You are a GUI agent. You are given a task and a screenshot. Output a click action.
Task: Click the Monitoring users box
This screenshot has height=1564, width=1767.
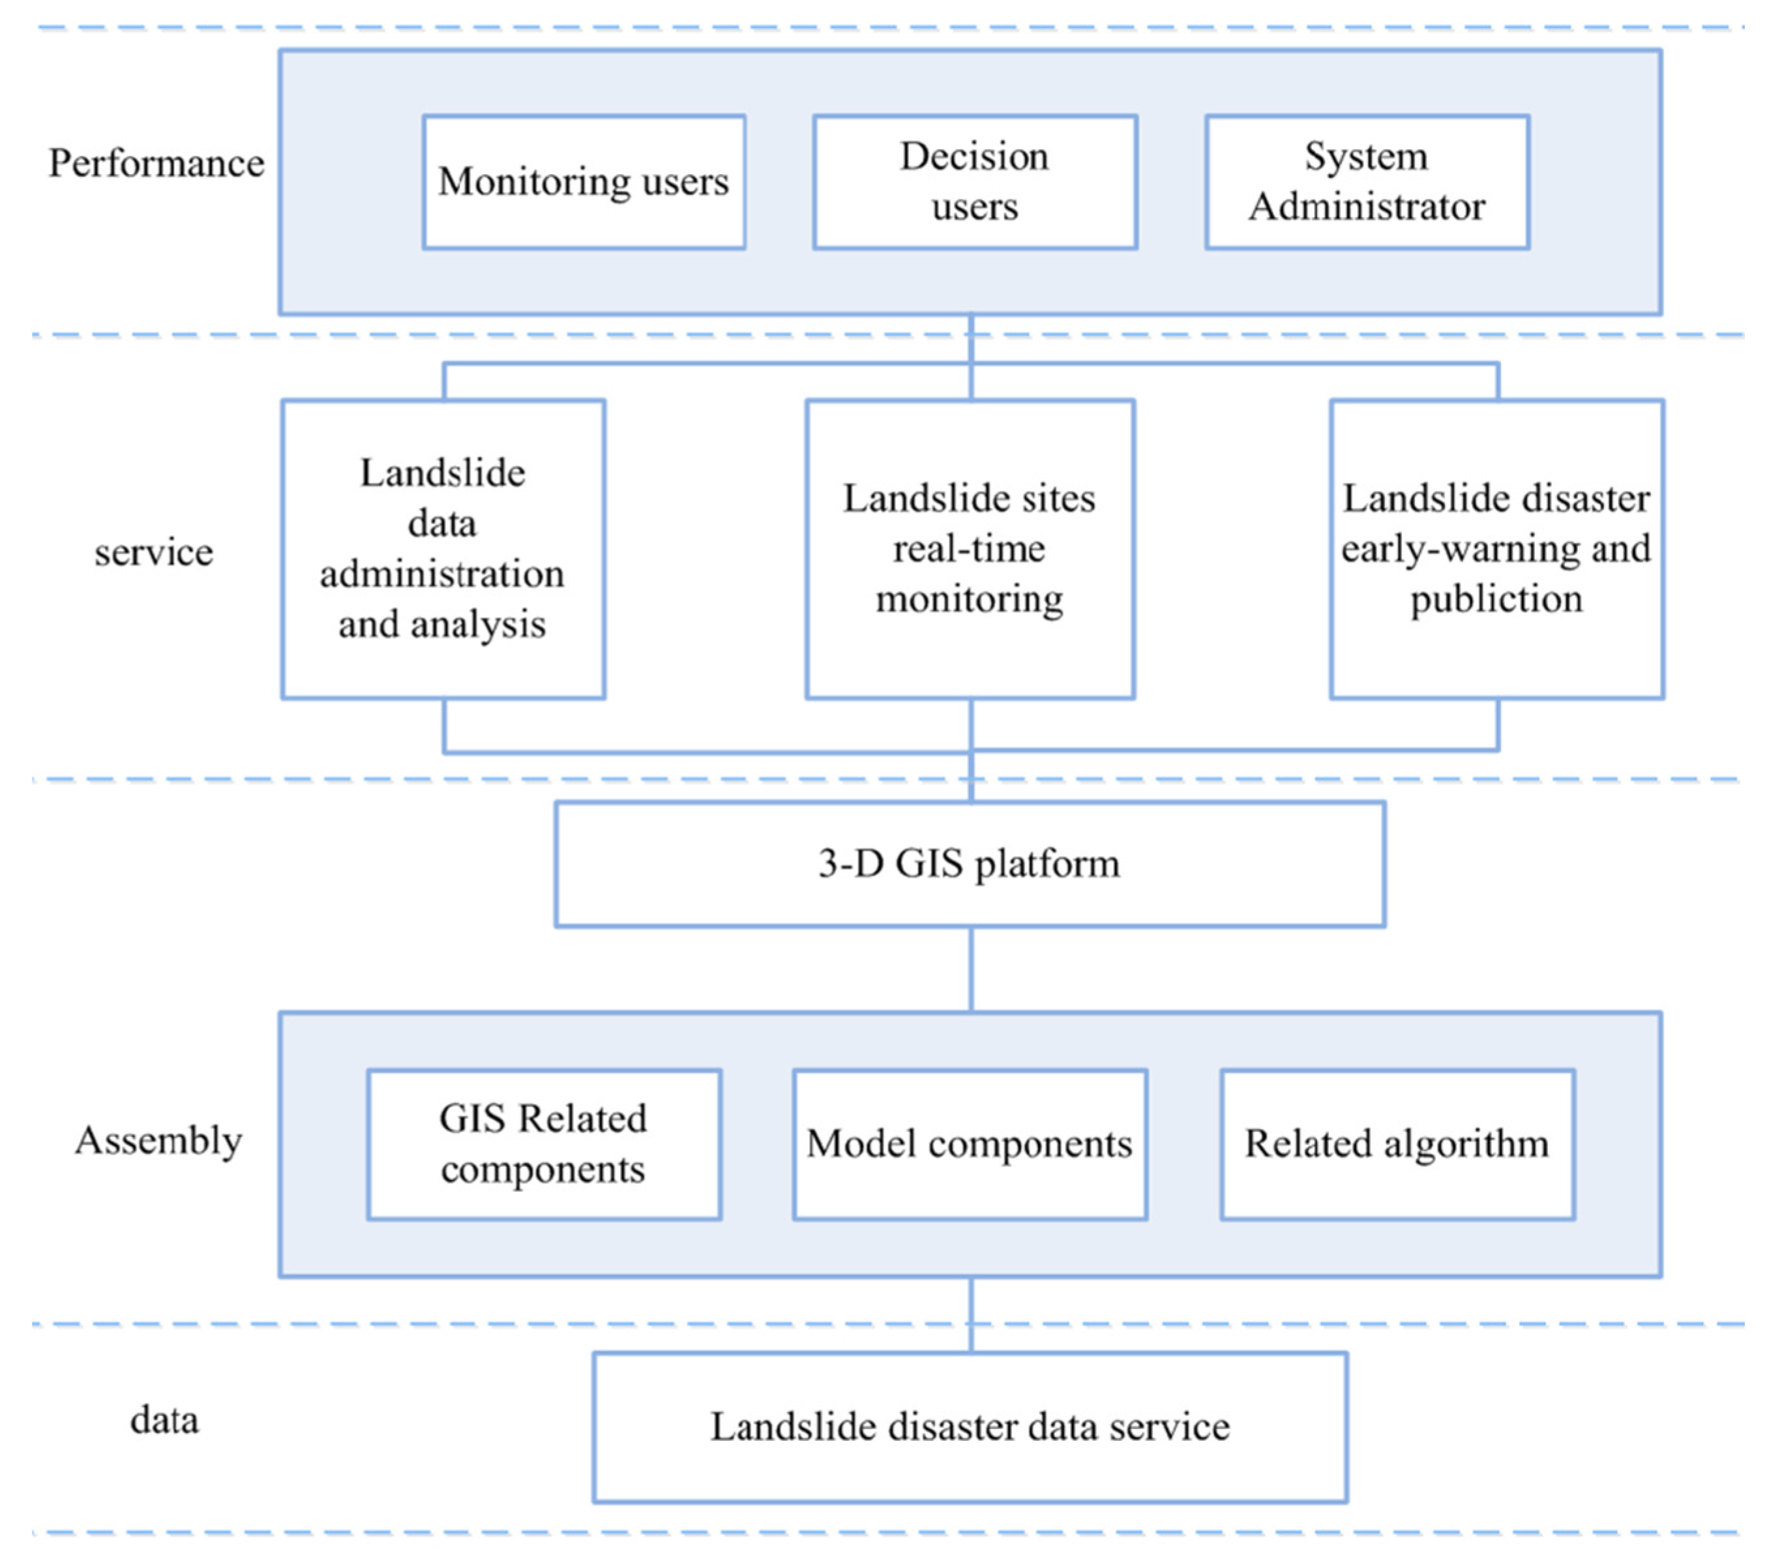tap(584, 181)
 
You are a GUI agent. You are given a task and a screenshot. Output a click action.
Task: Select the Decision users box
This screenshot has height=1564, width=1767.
tap(974, 181)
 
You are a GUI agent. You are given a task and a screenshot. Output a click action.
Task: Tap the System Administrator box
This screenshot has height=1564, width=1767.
tap(1367, 181)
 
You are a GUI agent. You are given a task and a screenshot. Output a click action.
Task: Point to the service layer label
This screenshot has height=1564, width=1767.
tap(154, 552)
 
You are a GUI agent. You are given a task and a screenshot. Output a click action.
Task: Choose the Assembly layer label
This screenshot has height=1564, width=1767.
tap(158, 1140)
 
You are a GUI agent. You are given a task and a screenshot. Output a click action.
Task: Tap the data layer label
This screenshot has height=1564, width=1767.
tap(164, 1420)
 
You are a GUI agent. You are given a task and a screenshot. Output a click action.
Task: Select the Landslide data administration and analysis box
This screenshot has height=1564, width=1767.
tap(443, 549)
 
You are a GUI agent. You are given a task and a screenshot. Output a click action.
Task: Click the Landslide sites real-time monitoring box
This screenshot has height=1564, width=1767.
tap(970, 549)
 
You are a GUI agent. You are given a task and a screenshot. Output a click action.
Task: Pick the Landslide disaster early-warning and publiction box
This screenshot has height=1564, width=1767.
tap(1496, 549)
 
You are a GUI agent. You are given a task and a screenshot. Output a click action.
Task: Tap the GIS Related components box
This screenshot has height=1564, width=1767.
tap(544, 1143)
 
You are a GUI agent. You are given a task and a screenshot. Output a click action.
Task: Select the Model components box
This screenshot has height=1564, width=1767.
tap(970, 1143)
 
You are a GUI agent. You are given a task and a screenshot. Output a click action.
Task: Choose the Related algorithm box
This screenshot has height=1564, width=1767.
tap(1397, 1143)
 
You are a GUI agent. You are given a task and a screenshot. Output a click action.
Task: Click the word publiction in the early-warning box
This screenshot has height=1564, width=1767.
tap(1496, 599)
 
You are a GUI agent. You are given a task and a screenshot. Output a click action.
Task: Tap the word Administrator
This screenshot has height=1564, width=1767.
tap(1367, 207)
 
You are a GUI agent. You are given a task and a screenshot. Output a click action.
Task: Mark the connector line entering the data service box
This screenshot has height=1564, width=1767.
tap(971, 1323)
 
